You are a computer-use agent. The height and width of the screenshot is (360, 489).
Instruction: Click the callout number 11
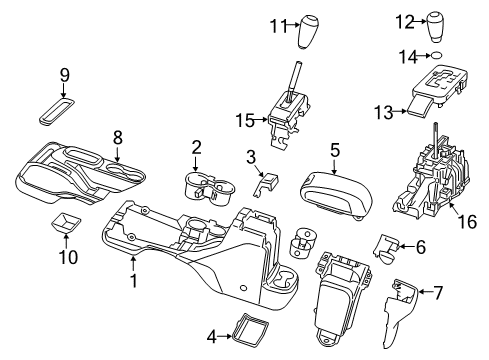pyautogui.click(x=277, y=27)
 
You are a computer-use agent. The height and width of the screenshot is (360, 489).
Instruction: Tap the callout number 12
pyautogui.click(x=403, y=21)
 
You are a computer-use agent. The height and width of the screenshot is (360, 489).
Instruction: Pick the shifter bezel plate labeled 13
pyautogui.click(x=437, y=92)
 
